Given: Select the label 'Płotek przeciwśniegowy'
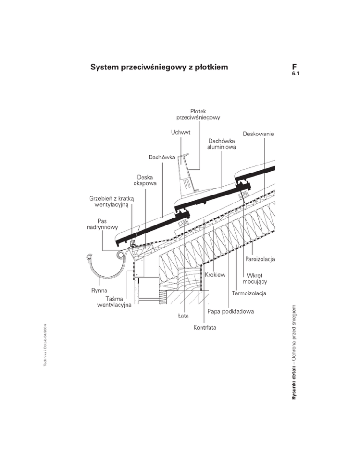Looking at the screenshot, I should pos(198,114).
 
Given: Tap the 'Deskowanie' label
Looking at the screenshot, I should pos(258,134).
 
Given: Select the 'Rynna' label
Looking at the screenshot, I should pos(99,291).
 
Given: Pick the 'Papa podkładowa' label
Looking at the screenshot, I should pos(231,311).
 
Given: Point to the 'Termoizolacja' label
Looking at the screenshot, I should pos(249,294).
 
